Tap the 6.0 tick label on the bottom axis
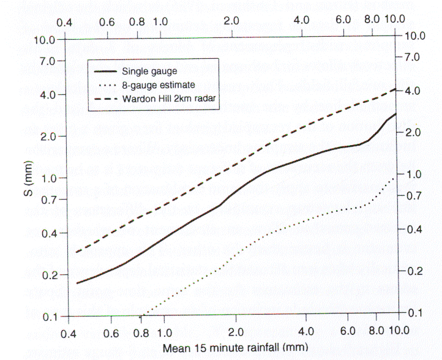point(347,335)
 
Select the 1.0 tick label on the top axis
point(160,21)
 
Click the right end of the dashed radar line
point(397,89)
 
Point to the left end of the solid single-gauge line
point(77,283)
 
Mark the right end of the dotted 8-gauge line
point(397,176)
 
